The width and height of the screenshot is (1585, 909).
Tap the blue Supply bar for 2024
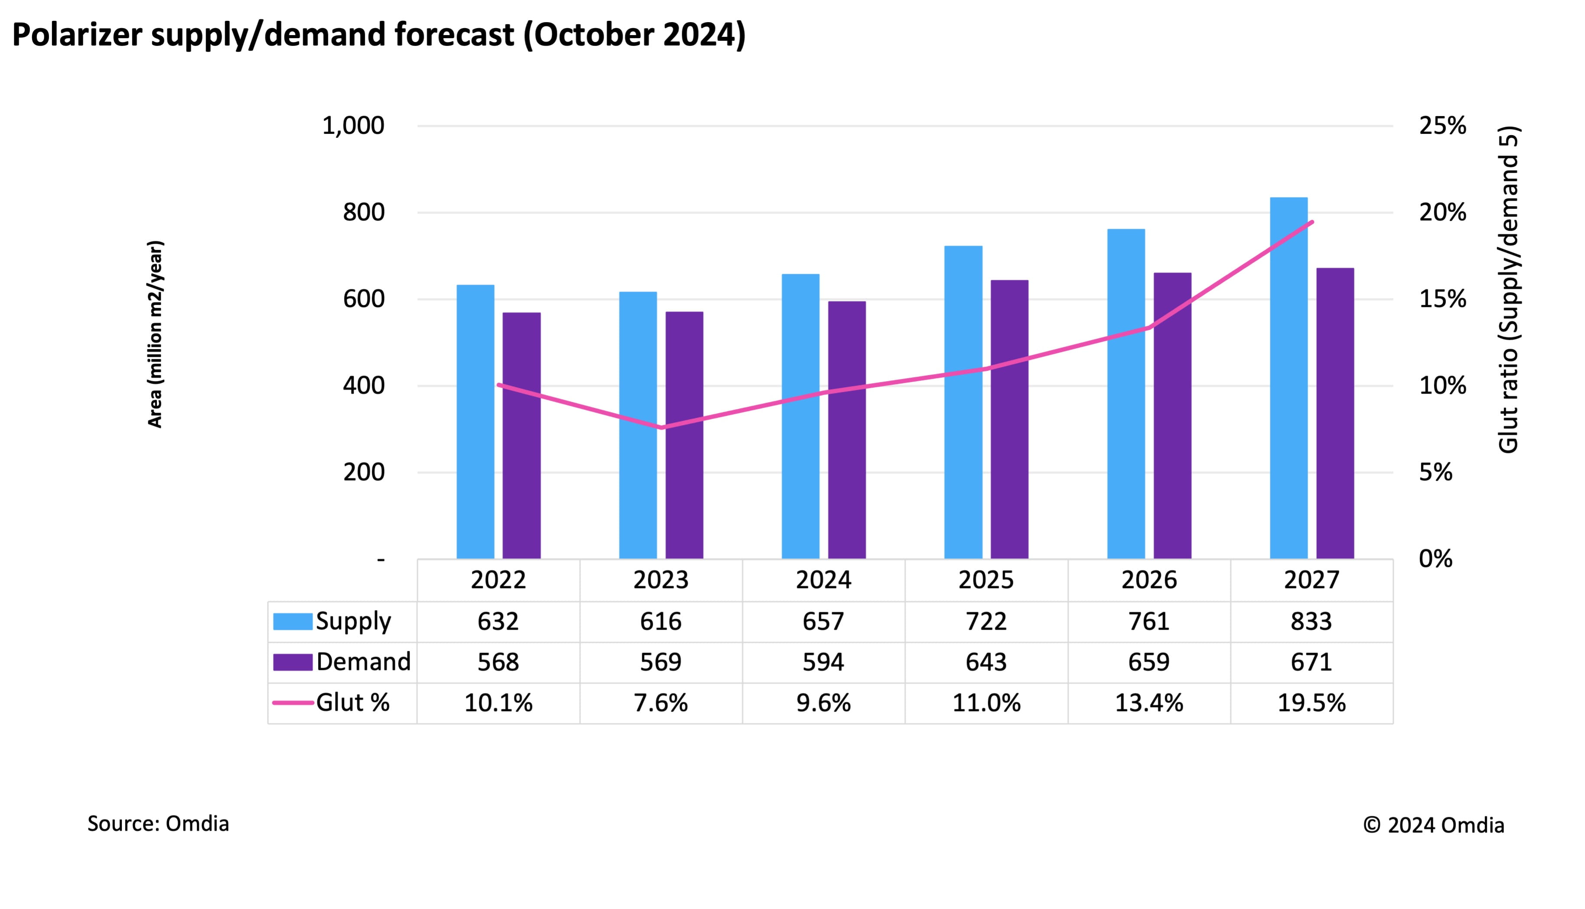801,416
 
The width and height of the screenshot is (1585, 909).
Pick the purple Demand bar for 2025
1009,419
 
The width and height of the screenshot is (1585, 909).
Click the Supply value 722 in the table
986,621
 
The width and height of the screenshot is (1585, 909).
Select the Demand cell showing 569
661,662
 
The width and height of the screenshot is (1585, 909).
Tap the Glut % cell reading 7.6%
661,703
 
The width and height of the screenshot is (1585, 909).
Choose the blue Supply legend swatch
293,621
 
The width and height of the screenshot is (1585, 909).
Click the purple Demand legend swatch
293,662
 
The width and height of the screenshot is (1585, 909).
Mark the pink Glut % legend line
293,703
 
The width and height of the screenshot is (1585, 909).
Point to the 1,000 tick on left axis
353,126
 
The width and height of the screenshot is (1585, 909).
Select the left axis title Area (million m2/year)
155,334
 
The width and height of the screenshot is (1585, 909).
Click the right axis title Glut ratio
1508,290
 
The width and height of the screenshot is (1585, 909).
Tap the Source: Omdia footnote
158,823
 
